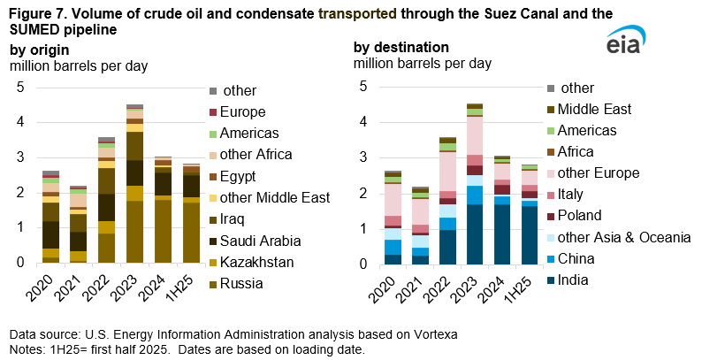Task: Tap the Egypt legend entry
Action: [x=240, y=175]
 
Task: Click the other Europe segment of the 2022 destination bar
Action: [x=448, y=172]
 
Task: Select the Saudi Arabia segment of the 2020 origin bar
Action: [x=51, y=234]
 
